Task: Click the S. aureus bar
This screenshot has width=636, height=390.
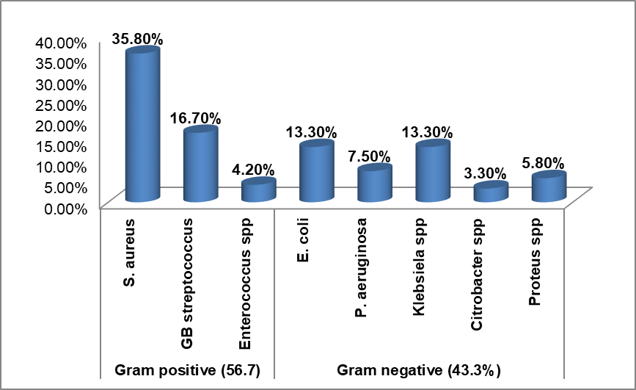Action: pos(142,125)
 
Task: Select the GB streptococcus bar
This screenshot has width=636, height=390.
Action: pos(200,165)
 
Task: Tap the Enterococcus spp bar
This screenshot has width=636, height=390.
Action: pos(258,190)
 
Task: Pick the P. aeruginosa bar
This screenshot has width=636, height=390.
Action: pos(374,184)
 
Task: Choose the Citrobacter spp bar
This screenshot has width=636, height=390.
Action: pos(490,192)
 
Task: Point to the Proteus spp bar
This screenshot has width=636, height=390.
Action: pos(548,187)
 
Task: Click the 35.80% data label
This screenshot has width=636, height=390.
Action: pos(137,38)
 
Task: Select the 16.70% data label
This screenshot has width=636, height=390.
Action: pos(197,117)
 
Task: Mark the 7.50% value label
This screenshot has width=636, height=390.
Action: pos(370,156)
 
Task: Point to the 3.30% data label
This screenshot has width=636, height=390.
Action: pos(486,173)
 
